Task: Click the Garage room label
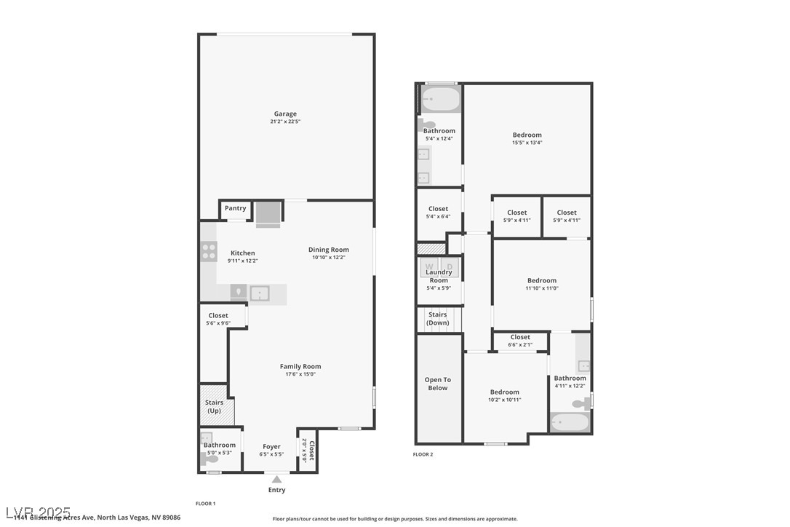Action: tap(286, 114)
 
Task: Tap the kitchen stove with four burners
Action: tap(209, 252)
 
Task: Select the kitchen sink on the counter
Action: tap(260, 293)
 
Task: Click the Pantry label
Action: tap(235, 208)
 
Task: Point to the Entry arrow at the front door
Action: tap(276, 480)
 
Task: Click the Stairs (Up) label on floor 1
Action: tap(214, 406)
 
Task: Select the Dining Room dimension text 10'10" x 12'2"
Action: tap(329, 257)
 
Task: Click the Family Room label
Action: tap(300, 366)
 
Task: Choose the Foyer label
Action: tap(271, 447)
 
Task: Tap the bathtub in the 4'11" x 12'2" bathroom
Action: tap(570, 423)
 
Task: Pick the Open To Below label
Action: tap(438, 384)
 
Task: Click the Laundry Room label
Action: tap(439, 276)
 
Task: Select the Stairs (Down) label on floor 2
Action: tap(438, 319)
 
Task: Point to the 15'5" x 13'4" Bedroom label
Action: tap(527, 135)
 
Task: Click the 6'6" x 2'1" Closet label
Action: tap(520, 337)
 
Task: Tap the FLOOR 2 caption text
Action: tap(423, 454)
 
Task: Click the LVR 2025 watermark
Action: tap(36, 512)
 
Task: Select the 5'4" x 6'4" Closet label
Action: tap(439, 209)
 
